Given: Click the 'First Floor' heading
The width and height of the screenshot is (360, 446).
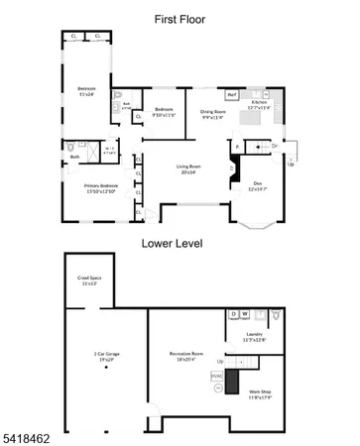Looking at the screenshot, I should tap(180, 18).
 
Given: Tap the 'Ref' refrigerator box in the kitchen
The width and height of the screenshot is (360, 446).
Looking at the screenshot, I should tap(232, 95).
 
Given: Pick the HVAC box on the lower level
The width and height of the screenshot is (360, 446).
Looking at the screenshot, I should tap(216, 376).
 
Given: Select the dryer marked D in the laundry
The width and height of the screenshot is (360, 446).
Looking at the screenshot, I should tap(232, 315).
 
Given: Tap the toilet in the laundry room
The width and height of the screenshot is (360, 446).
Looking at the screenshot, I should tap(277, 319).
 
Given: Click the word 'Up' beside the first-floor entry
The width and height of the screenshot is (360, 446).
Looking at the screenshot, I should tap(290, 165).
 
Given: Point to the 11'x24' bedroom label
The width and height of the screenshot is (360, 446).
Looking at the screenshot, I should tap(86, 92).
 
